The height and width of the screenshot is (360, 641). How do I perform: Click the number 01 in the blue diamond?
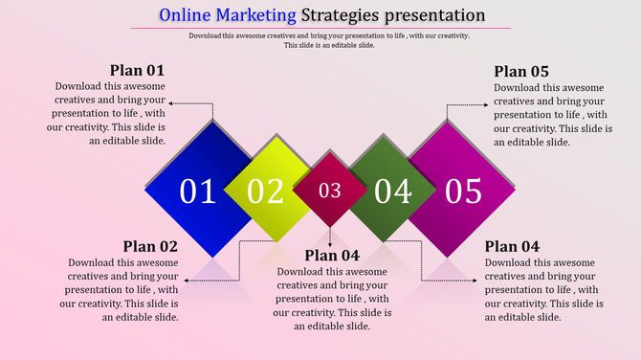(x=198, y=191)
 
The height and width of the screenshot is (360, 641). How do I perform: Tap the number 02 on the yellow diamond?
(x=266, y=191)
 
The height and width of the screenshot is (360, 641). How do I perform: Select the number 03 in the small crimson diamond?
(x=329, y=191)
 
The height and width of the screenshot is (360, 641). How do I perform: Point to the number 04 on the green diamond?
(x=392, y=191)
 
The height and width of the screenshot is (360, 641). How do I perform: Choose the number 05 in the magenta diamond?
(x=462, y=191)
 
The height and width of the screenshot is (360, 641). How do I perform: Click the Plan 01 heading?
(x=137, y=70)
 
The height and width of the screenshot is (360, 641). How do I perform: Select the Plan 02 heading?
(x=150, y=246)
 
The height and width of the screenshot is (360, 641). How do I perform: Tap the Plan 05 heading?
(x=521, y=71)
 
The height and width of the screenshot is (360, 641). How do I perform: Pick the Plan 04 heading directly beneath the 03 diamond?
(x=332, y=255)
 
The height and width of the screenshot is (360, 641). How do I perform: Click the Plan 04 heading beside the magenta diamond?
(x=512, y=246)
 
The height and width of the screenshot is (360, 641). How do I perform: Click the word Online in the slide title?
(x=187, y=15)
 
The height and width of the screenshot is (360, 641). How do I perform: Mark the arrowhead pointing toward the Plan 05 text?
(x=489, y=103)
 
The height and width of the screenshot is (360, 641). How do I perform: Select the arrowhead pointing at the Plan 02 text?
(x=185, y=281)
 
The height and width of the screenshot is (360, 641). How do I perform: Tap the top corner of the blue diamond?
(x=212, y=122)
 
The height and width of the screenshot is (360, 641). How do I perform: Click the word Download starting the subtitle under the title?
(x=210, y=35)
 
